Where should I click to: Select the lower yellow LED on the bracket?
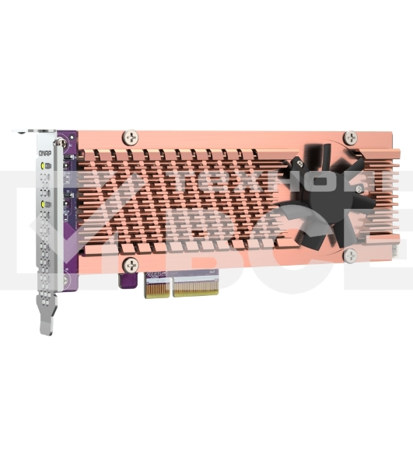coord(47,203)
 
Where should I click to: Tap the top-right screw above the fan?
coord(351,134)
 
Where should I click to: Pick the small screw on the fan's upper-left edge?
coord(296,164)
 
